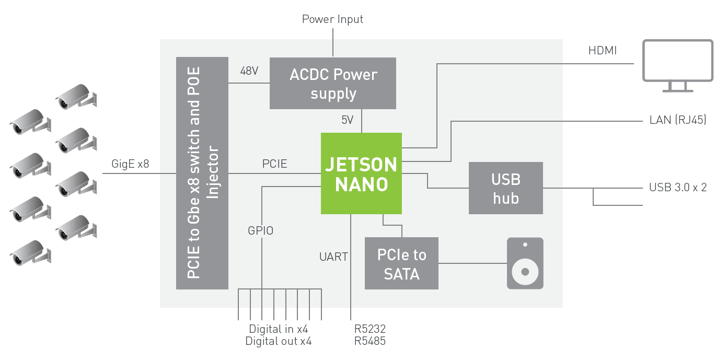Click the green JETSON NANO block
coord(361,173)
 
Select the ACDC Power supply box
coord(333,84)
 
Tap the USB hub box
coord(505,188)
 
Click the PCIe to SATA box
coord(401,264)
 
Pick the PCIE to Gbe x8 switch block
coord(202,173)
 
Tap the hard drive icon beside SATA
coord(525,263)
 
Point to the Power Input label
coord(332,19)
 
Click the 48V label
coord(249,71)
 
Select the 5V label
coord(348,120)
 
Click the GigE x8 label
coord(130,164)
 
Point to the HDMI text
coord(603,51)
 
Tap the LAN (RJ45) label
coord(677,120)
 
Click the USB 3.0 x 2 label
coord(678,188)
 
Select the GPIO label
coord(260,230)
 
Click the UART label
coord(333,257)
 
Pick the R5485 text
coord(370,342)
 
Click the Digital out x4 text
coord(279,342)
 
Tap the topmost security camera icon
coord(77,96)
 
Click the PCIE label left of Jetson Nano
coord(274,164)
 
